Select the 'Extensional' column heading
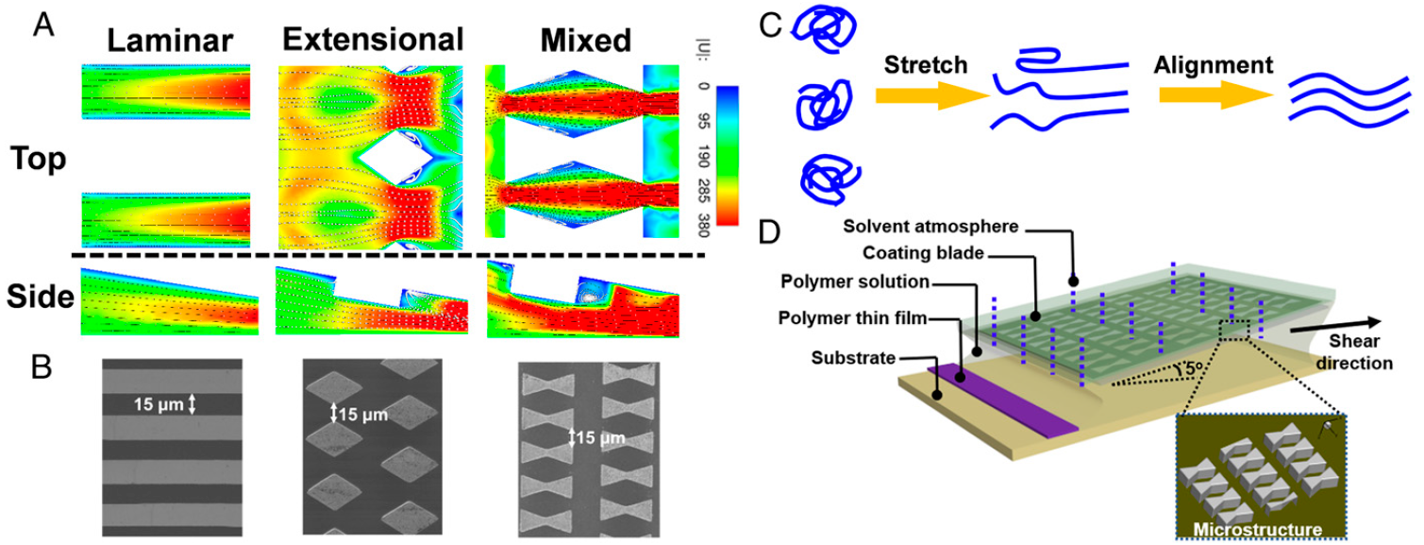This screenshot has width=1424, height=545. [373, 40]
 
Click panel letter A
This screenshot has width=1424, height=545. [42, 23]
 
